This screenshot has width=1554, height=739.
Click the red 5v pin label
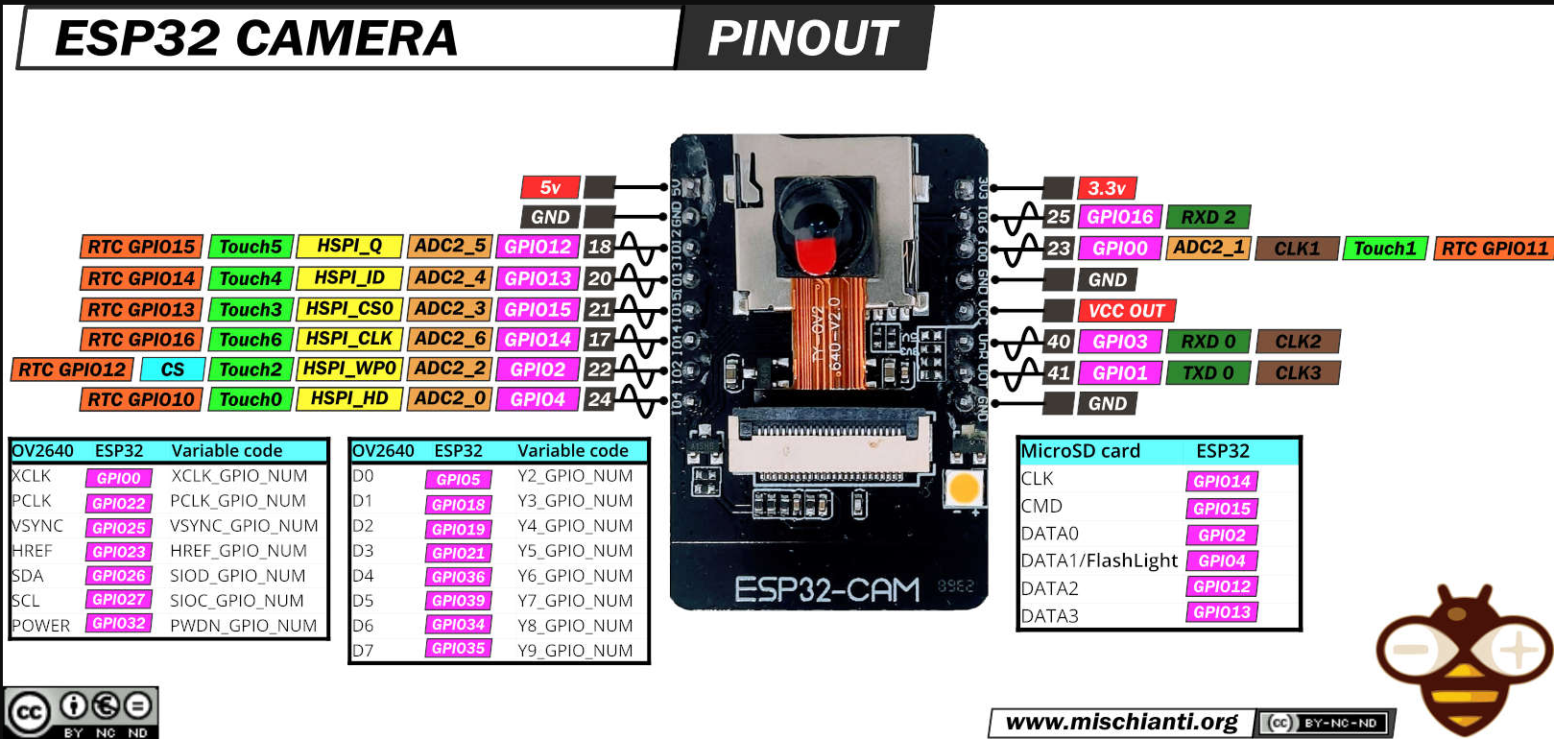tap(550, 187)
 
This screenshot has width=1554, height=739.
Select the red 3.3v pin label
tap(1107, 188)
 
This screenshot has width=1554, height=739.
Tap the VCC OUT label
tap(1126, 311)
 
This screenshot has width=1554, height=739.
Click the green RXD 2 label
tap(1208, 217)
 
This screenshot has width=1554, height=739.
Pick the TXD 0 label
tap(1207, 372)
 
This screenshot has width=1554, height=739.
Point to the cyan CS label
tap(172, 369)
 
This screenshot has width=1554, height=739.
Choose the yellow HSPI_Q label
tap(349, 246)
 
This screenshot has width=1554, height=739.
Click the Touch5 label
tap(251, 247)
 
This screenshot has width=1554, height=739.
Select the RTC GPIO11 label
tap(1494, 249)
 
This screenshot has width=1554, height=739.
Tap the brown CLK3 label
tap(1298, 372)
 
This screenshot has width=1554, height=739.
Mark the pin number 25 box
tap(1058, 217)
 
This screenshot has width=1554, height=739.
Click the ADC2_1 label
tap(1208, 248)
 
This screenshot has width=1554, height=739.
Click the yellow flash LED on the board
tap(963, 489)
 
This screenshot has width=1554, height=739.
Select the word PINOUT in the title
tap(801, 38)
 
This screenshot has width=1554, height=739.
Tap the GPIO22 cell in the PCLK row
tap(119, 503)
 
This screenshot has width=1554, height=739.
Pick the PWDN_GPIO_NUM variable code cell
tap(243, 626)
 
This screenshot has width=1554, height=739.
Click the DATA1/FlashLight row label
tap(1099, 560)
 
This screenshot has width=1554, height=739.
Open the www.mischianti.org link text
tap(1121, 722)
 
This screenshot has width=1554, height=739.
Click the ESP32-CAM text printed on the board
tap(826, 589)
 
